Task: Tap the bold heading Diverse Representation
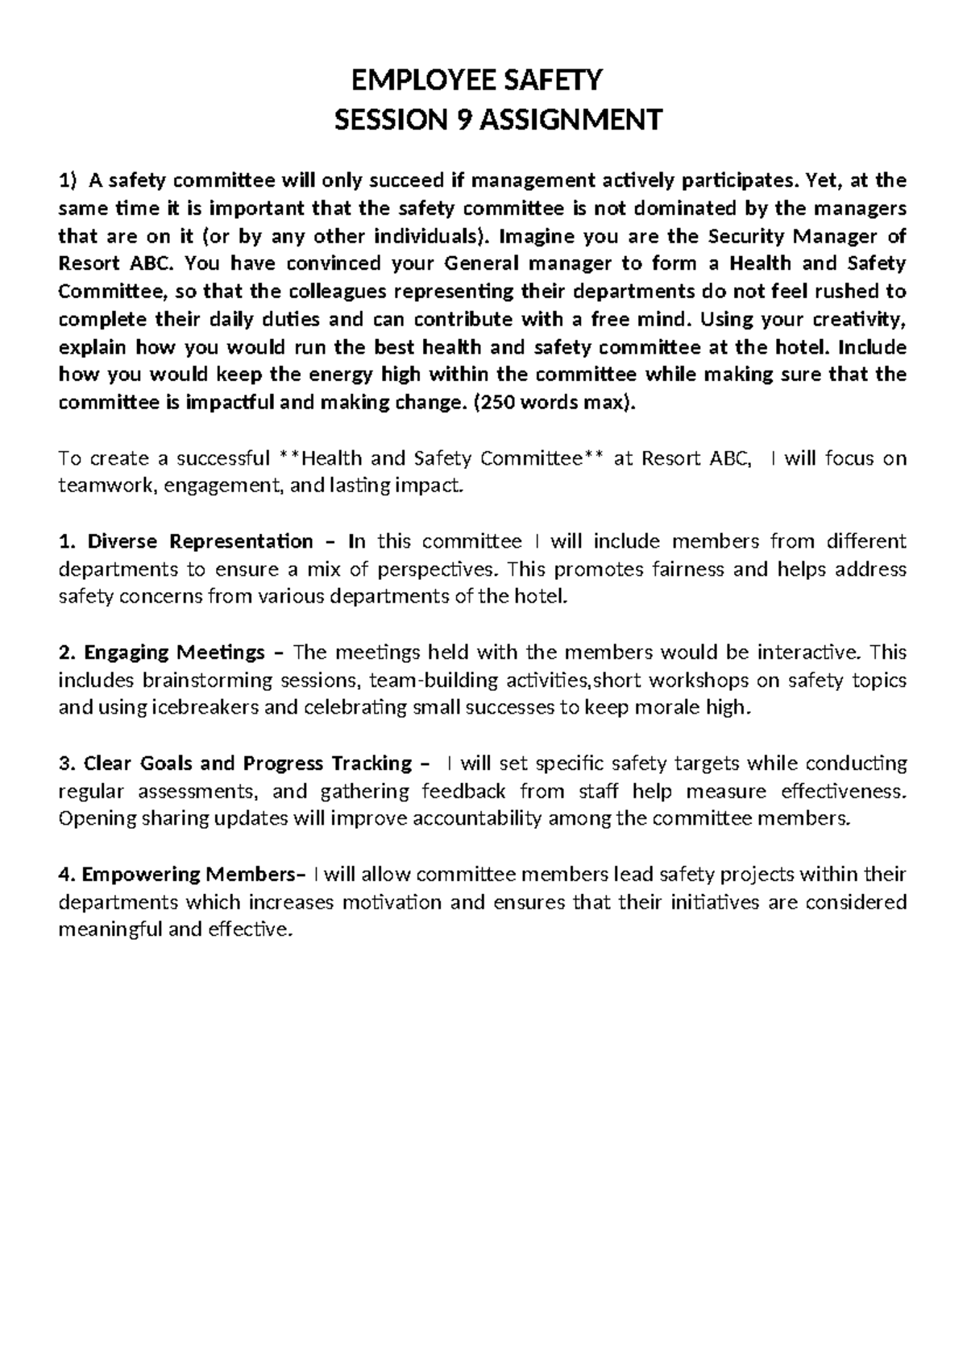(200, 541)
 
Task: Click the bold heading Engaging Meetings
(174, 652)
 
